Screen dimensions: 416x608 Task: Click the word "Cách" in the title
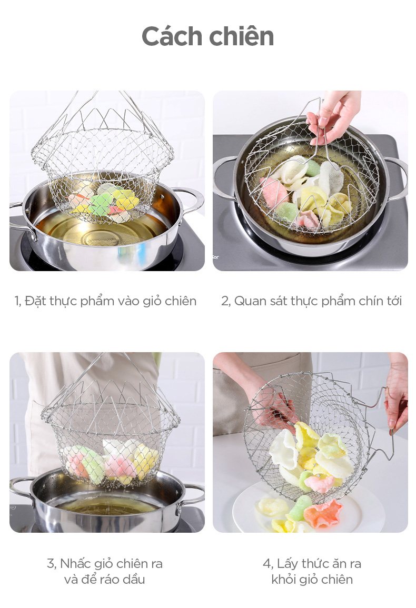click(172, 36)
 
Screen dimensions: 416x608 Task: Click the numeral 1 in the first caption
click(17, 301)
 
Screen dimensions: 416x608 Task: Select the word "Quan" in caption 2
click(249, 301)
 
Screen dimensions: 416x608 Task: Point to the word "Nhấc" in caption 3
click(75, 563)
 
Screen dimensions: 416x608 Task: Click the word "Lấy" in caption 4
click(287, 563)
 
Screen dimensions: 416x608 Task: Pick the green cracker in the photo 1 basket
click(100, 204)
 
